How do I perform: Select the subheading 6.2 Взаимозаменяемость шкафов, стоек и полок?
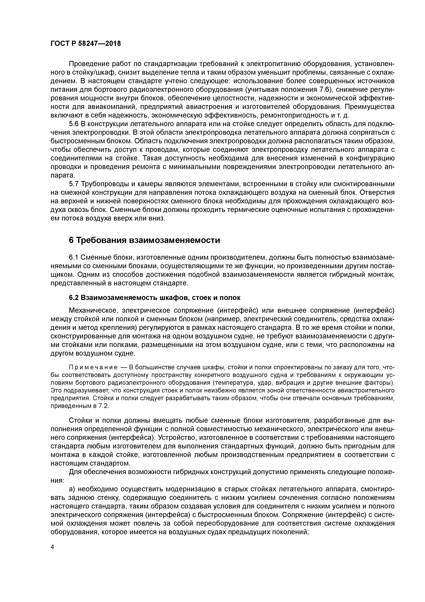[x=155, y=298]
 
